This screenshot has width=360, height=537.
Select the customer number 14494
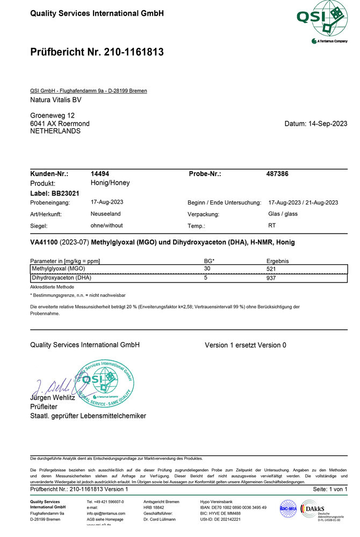[x=100, y=174]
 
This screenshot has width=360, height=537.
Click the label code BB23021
[x=66, y=193]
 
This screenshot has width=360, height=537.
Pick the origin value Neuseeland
[x=106, y=214]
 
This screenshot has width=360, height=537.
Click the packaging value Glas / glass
[x=283, y=214]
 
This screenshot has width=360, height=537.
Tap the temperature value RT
[x=272, y=226]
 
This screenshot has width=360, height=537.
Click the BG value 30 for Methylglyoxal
[x=207, y=268]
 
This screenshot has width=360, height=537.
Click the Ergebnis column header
[x=273, y=260]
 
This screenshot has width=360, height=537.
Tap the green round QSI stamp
[x=104, y=383]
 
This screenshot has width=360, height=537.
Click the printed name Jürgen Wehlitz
[x=53, y=398]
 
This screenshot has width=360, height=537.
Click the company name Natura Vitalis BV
[x=56, y=100]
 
